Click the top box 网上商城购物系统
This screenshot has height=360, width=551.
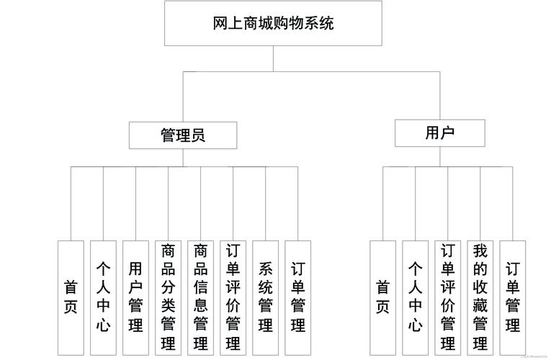[273, 23]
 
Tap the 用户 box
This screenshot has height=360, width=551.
[439, 132]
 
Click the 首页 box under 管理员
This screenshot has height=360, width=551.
[71, 297]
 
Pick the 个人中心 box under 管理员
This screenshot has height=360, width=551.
[103, 297]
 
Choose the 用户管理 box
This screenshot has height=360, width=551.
[135, 297]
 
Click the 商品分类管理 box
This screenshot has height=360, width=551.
[168, 297]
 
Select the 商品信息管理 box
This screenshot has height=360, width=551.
[200, 297]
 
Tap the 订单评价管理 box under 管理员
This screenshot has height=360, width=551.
[233, 297]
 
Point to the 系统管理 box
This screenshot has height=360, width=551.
[265, 297]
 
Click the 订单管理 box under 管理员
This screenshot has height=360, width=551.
[297, 297]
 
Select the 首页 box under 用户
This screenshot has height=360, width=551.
[382, 297]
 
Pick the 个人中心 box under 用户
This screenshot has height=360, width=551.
[415, 297]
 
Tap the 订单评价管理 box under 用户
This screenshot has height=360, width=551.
[447, 297]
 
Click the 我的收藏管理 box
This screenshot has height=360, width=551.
[480, 297]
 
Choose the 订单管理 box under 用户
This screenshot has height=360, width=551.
[512, 297]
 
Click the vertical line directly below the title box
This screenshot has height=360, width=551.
[273, 58]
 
